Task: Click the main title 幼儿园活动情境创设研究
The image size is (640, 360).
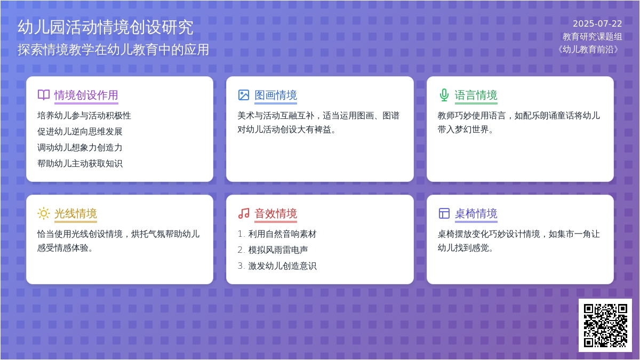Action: [x=106, y=27]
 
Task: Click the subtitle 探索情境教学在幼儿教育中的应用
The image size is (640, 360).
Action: [x=113, y=50]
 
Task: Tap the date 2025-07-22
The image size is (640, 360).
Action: [x=597, y=23]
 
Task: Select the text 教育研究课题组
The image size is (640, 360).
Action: [x=592, y=37]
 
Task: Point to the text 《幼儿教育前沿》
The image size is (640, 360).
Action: [x=588, y=50]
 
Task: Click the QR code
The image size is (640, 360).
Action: [x=605, y=325]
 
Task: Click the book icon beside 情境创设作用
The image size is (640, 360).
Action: [x=44, y=95]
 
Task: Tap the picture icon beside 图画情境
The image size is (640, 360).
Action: [x=244, y=95]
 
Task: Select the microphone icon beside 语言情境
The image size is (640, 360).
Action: [x=444, y=95]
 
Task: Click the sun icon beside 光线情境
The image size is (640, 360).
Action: [x=43, y=213]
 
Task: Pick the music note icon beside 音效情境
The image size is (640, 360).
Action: [x=244, y=213]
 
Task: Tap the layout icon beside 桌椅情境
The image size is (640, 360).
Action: [x=444, y=213]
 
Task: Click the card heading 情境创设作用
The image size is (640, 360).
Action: [x=86, y=95]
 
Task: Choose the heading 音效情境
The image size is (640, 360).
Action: [x=276, y=213]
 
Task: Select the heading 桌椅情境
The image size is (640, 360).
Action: [x=476, y=213]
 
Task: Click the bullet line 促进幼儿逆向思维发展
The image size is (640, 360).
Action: [x=79, y=131]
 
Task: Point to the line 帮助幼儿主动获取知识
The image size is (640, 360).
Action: [x=79, y=163]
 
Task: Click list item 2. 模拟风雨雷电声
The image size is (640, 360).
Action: [x=273, y=250]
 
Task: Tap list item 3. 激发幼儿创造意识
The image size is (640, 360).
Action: [x=277, y=266]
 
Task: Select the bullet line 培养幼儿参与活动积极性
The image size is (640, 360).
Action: [x=84, y=115]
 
